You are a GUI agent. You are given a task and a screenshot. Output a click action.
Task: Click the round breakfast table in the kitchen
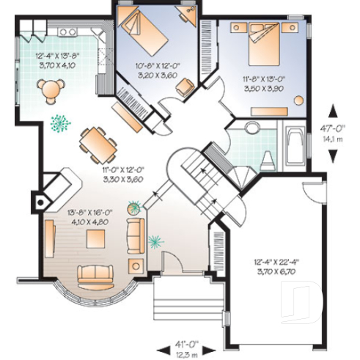pos(50,89)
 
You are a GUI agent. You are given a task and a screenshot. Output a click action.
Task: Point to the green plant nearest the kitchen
pos(59,122)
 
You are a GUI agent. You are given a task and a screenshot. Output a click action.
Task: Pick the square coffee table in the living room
pos(95,239)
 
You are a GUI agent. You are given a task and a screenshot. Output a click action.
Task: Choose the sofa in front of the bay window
pos(95,273)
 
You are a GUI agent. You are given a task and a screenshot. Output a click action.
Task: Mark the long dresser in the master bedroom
pos(269,111)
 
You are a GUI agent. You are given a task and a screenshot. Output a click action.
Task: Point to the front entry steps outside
pos(185,301)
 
